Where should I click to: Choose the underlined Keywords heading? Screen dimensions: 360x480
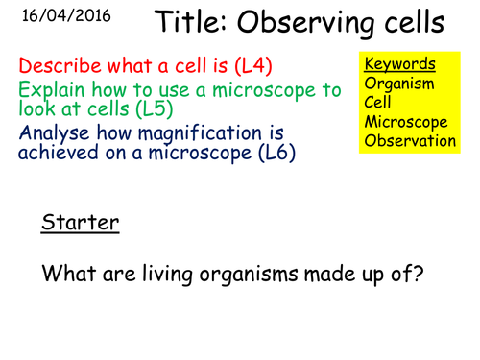399,64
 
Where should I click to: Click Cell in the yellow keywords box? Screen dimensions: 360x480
378,102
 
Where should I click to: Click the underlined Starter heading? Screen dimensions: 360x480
80,224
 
